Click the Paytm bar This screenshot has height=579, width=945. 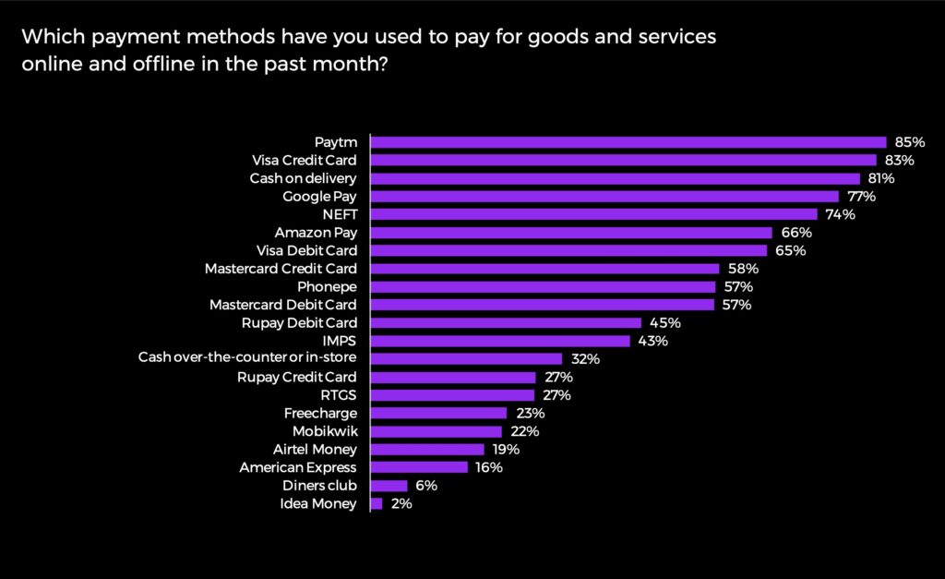[x=628, y=142]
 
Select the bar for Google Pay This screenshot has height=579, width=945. [x=604, y=197]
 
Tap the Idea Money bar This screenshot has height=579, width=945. [x=377, y=503]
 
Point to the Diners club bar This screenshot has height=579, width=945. [x=389, y=486]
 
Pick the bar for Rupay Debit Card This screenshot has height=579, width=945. [x=506, y=323]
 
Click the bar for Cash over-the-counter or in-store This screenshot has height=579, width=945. [x=466, y=359]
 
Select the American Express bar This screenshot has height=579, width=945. [x=419, y=467]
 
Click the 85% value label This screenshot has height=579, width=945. [x=909, y=142]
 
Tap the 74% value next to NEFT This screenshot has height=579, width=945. [x=840, y=214]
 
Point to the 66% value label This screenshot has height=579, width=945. [x=795, y=233]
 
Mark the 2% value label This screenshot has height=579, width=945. [x=401, y=503]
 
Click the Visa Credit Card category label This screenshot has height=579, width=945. [x=304, y=160]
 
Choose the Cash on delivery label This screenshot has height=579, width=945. [x=303, y=178]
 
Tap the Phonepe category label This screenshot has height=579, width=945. [x=327, y=286]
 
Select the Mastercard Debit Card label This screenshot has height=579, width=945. [x=282, y=305]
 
